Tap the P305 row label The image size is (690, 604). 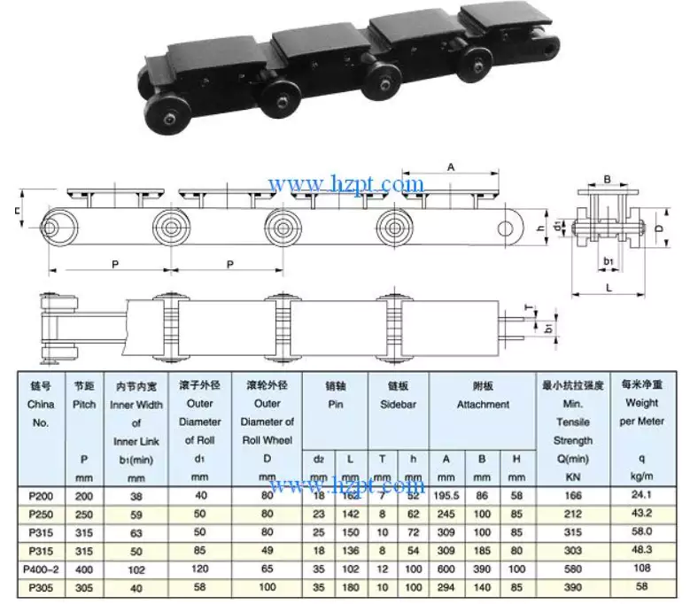click(x=40, y=586)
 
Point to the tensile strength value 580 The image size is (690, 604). click(x=573, y=569)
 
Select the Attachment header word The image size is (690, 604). click(x=483, y=405)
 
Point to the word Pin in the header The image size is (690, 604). click(x=334, y=405)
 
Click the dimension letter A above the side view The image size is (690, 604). click(x=451, y=166)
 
